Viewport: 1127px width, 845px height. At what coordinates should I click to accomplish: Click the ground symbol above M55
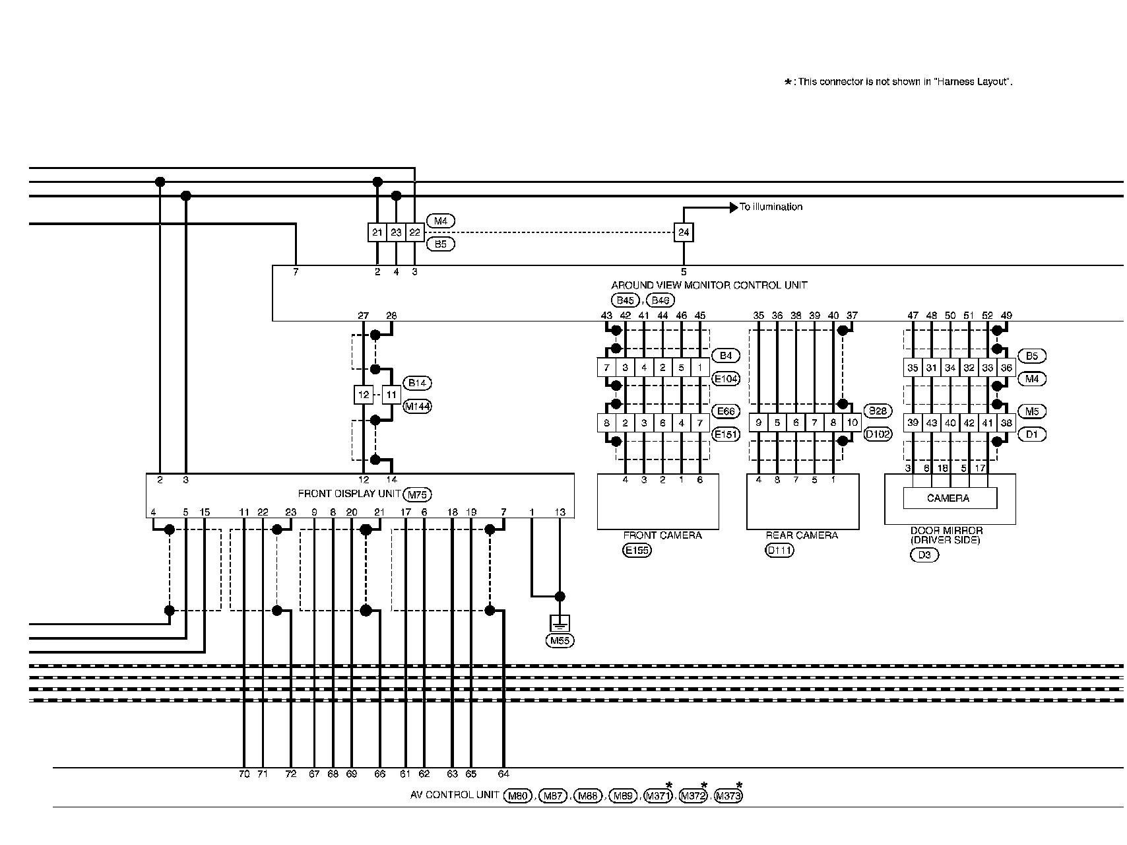pos(560,623)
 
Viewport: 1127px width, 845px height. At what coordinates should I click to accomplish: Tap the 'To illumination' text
pos(771,207)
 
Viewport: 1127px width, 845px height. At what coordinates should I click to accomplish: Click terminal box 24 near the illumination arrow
pos(684,232)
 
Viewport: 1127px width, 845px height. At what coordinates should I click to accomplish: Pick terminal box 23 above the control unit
pos(396,232)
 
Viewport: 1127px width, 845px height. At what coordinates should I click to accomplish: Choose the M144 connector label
pos(417,407)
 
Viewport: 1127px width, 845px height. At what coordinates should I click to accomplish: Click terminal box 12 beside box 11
pos(364,395)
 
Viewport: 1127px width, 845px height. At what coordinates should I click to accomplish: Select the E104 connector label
pos(726,379)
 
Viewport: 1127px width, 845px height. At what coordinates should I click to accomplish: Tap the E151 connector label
pos(726,434)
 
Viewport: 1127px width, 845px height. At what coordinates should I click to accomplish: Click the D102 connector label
pos(878,434)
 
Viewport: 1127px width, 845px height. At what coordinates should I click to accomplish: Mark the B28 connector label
pos(878,411)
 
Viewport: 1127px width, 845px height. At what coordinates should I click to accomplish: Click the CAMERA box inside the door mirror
pos(949,498)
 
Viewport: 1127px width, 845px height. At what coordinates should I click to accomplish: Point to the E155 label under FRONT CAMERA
pos(637,550)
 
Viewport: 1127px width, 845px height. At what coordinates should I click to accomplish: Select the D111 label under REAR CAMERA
pos(779,550)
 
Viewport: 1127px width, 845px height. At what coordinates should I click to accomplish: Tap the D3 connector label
pos(924,555)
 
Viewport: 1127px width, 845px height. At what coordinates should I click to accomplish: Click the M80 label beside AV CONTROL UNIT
pos(517,796)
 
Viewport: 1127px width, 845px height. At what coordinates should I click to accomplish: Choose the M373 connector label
pos(728,796)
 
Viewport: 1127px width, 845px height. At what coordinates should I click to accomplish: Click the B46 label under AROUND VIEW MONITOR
pos(660,301)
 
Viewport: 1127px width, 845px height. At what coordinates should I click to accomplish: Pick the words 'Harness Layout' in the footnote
pos(974,83)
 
